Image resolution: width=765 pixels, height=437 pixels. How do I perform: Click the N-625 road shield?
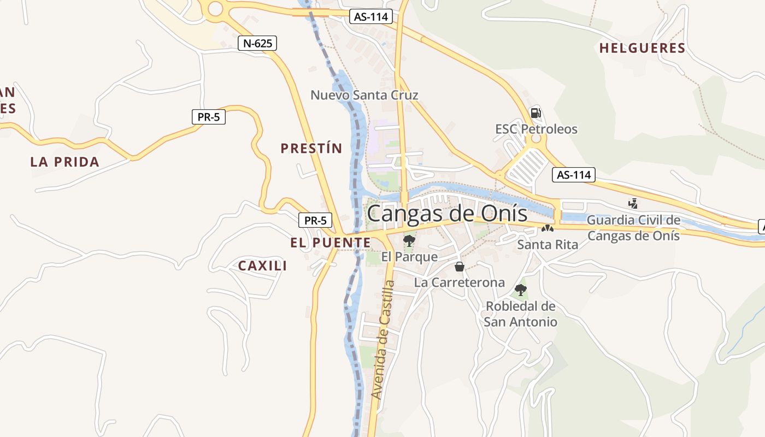pos(257,44)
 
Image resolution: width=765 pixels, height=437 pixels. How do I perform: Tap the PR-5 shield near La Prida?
pos(209,116)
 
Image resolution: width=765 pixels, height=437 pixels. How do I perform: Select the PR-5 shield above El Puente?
pos(315,221)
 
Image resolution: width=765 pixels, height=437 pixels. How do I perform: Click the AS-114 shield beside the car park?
pos(573,175)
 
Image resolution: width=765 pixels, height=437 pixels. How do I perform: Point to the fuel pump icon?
pos(535,113)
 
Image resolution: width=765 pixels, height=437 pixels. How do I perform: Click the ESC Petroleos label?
pos(536,129)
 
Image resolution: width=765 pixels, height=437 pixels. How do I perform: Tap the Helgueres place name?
pos(642,48)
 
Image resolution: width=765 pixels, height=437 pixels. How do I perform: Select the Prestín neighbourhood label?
pos(311,148)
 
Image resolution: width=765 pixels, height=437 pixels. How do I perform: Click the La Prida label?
pos(65,162)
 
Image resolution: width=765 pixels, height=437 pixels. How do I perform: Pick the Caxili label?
pos(262,266)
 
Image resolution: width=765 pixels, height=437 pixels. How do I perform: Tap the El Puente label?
pos(330,243)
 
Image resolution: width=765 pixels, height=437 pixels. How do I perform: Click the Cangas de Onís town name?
pos(447,214)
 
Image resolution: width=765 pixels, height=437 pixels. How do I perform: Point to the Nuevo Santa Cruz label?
pos(364,95)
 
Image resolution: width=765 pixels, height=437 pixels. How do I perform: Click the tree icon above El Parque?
pos(409,240)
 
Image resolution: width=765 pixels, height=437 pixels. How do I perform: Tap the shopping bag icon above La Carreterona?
pos(460,267)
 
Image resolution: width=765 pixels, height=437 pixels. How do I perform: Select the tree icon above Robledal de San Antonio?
pos(521,290)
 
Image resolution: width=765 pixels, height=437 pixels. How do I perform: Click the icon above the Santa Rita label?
pos(547,228)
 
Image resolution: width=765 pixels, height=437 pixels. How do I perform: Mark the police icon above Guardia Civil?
pos(633,204)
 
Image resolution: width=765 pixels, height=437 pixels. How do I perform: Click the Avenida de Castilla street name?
pos(382,339)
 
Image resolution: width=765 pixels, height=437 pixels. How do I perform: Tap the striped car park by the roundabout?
pos(526,166)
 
